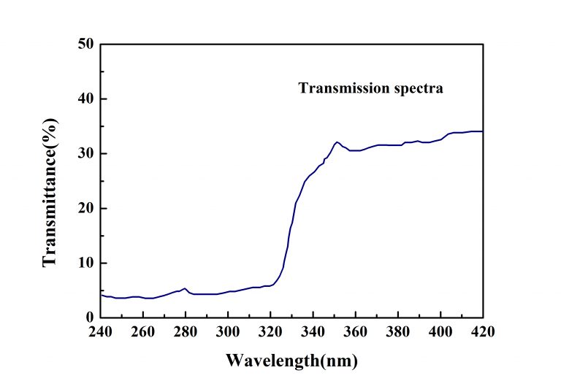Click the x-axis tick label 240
101,332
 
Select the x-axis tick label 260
143,332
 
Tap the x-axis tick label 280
186,332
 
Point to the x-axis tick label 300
228,332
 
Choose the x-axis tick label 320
270,332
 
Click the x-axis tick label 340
313,332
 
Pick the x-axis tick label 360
355,332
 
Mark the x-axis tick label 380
397,332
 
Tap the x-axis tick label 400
440,332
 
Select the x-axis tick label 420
482,332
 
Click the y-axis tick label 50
85,44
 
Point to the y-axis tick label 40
85,99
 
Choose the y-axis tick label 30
85,153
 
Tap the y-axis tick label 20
85,208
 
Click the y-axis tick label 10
85,263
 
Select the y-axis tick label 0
89,317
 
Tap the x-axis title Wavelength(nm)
291,360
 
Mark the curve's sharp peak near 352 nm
337,142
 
